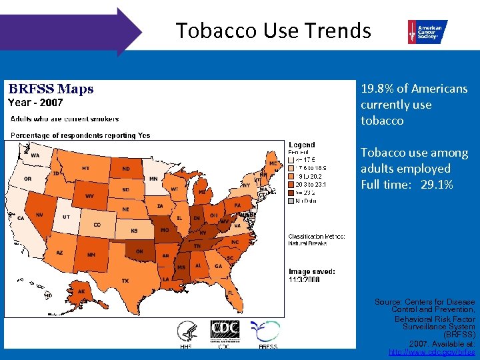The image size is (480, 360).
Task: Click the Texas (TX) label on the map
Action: (x=125, y=280)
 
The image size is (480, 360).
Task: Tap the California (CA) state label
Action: (x=21, y=218)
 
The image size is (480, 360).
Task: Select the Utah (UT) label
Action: (x=66, y=217)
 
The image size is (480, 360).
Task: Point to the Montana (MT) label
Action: (x=85, y=169)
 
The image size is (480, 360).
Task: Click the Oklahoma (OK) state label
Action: (x=139, y=251)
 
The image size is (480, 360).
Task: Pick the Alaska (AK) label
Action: (x=81, y=291)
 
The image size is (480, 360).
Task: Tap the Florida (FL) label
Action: (x=229, y=292)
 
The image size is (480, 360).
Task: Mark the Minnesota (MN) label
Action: (x=153, y=179)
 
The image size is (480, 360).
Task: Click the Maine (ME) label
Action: (x=272, y=163)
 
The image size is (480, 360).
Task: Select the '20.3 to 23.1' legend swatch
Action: (x=291, y=184)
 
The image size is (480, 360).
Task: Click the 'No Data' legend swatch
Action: (x=291, y=200)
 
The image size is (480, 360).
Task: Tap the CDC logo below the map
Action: (x=225, y=330)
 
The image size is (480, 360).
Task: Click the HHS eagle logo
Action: (x=187, y=331)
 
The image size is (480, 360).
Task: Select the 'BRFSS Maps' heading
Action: (x=51, y=89)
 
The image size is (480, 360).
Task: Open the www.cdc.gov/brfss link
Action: (x=431, y=351)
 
